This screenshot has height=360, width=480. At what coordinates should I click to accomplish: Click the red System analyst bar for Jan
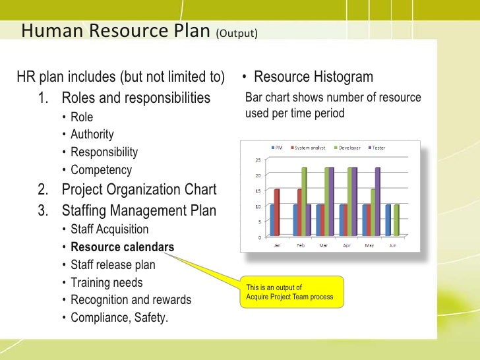pyautogui.click(x=277, y=212)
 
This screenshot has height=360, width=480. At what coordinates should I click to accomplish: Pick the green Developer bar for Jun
pyautogui.click(x=396, y=220)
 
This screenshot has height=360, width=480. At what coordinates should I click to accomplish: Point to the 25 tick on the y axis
pyautogui.click(x=258, y=160)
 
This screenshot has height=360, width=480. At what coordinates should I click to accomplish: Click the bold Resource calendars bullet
pyautogui.click(x=122, y=248)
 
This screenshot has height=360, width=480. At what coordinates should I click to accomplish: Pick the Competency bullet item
pyautogui.click(x=101, y=169)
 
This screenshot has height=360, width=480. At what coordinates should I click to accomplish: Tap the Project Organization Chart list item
pyautogui.click(x=138, y=190)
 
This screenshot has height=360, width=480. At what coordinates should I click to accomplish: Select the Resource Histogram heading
pyautogui.click(x=313, y=77)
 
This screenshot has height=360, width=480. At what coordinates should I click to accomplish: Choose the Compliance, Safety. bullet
pyautogui.click(x=119, y=318)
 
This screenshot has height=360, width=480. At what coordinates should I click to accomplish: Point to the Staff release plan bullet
pyautogui.click(x=113, y=265)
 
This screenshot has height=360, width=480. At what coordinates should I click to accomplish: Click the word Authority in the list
pyautogui.click(x=92, y=135)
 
